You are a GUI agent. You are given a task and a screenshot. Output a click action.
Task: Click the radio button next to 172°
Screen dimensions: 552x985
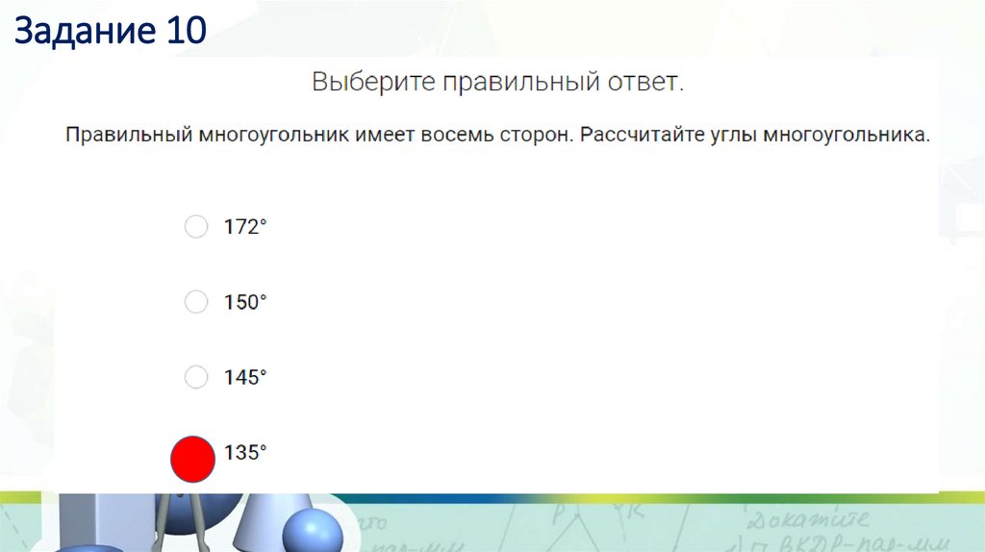195,227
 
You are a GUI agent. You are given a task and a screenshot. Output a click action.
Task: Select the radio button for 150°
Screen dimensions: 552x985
195,302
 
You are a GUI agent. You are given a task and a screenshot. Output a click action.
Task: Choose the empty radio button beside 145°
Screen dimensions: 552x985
195,377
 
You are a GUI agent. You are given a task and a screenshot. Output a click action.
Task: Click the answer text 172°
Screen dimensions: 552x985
244,228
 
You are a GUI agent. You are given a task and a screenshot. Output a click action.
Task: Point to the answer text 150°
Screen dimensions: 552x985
244,303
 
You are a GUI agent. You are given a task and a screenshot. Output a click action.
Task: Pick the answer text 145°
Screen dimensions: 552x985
244,378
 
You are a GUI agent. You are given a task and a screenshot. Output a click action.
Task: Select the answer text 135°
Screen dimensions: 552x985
244,453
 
